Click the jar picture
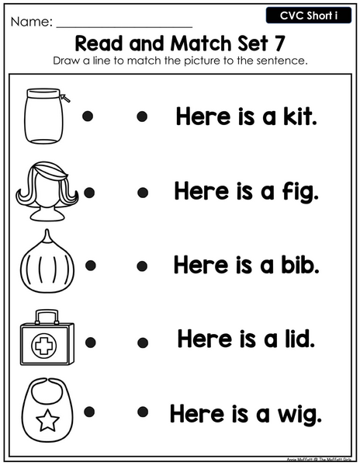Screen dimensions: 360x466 point(44,116)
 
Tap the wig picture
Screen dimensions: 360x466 point(47,191)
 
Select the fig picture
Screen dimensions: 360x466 point(47,263)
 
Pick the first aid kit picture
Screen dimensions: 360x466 point(47,338)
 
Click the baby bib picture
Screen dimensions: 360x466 point(47,410)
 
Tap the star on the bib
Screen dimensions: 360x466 point(47,420)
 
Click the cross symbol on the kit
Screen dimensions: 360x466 point(44,346)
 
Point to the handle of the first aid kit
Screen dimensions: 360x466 point(47,317)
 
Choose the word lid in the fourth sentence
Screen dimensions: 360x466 point(299,339)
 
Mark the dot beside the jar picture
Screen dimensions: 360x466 point(88,116)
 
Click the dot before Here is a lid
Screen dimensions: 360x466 point(143,343)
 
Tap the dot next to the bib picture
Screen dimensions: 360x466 point(89,412)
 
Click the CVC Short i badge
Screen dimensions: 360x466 point(309,16)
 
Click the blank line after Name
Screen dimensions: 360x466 point(124,27)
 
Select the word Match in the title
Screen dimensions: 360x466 point(202,43)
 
